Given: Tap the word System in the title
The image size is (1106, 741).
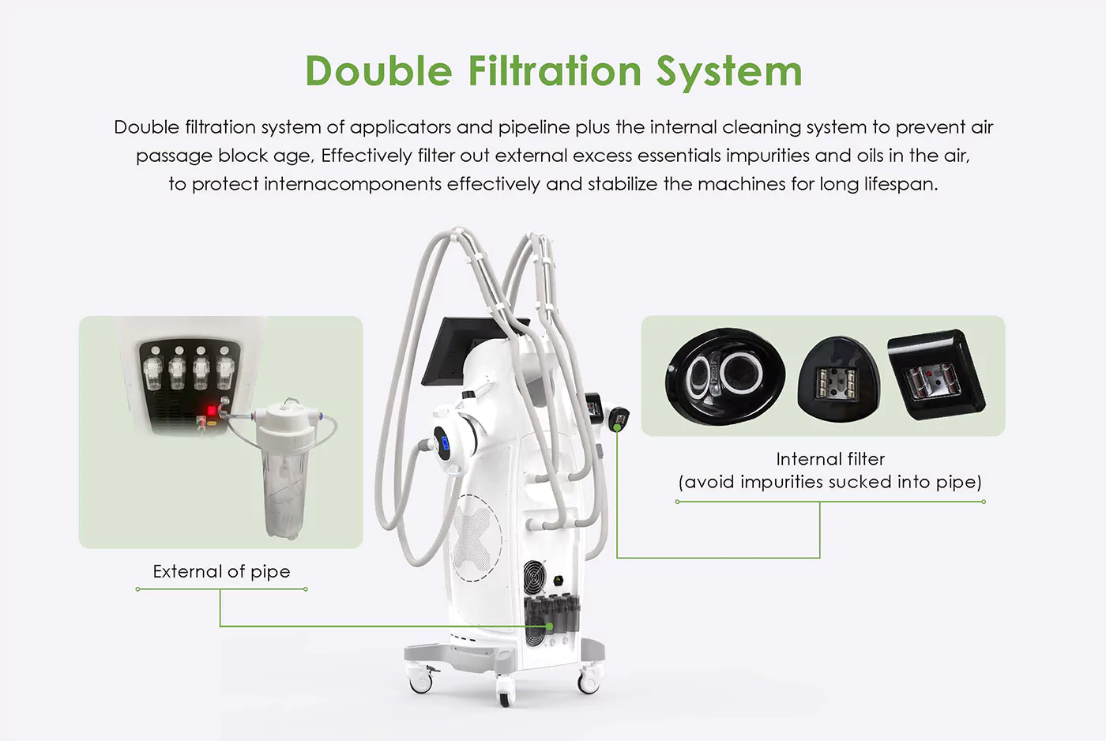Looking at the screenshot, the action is click(729, 72).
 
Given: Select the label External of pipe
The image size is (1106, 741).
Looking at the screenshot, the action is click(221, 572).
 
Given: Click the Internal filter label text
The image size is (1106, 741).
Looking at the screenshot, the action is click(830, 459).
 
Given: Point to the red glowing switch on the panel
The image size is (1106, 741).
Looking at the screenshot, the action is click(212, 410).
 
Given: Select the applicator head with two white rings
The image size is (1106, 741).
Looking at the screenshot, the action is click(725, 376).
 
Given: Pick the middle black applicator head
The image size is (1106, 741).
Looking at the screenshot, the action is click(838, 379).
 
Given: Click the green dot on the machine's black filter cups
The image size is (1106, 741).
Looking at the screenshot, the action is click(550, 626).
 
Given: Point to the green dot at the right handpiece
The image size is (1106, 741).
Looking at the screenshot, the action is click(617, 427).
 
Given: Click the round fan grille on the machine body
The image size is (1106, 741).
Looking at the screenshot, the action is click(535, 574).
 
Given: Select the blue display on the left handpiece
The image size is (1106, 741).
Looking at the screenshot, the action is click(445, 442).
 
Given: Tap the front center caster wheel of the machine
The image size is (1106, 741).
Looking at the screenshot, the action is click(504, 689).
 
